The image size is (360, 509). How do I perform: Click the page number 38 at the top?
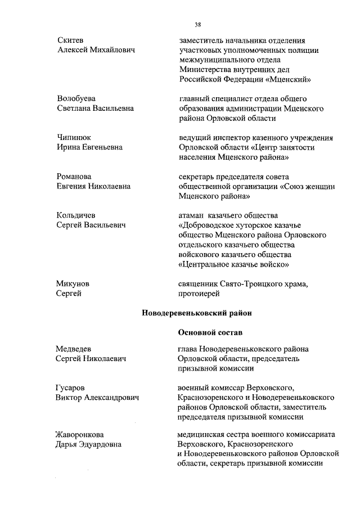[198, 25]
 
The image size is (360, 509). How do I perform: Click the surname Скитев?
[70, 40]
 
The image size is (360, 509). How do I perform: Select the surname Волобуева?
[76, 98]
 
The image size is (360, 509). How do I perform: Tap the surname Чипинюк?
[73, 137]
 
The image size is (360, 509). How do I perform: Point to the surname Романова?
[74, 177]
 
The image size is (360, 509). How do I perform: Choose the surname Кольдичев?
[76, 215]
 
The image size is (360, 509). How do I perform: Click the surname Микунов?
[73, 284]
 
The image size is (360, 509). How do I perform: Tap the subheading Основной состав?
[206, 333]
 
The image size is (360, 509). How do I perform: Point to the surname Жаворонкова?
[80, 435]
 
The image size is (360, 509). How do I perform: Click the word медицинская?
[202, 435]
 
